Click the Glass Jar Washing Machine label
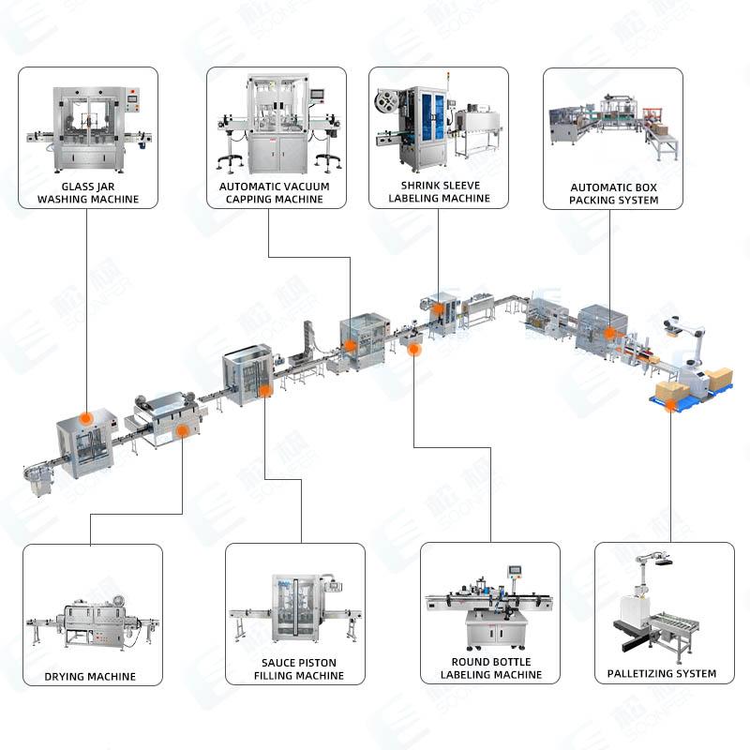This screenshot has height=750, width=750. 87,193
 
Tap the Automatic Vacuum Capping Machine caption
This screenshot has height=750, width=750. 276,193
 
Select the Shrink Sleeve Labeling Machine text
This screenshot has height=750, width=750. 439,192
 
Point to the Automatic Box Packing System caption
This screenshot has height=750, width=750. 613,194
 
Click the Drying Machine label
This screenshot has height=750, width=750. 90,676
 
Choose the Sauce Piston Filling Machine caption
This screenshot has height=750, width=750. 298,669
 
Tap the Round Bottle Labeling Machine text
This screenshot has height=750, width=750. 490,668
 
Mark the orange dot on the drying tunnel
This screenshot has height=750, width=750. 182,430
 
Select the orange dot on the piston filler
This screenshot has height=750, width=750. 265,388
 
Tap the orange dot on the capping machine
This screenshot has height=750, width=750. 351,345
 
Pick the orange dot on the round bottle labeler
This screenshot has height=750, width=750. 415,349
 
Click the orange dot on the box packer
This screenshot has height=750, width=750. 609,331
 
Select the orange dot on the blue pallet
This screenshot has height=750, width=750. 670,403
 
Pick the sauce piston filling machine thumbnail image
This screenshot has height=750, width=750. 296,607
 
